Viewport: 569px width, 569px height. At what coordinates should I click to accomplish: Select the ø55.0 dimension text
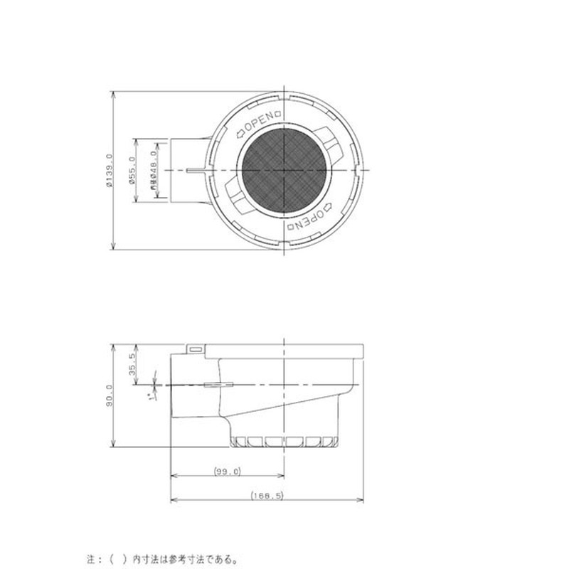(x=132, y=171)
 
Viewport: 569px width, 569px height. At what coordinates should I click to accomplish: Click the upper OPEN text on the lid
(x=260, y=122)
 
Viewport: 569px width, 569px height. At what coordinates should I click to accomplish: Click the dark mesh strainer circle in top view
(x=285, y=171)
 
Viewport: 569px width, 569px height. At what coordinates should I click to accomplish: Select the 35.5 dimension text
(x=132, y=363)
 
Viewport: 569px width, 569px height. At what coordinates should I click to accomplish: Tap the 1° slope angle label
(x=151, y=397)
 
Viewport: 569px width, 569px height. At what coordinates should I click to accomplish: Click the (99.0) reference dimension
(x=227, y=472)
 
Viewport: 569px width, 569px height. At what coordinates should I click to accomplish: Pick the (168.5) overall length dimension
(x=267, y=496)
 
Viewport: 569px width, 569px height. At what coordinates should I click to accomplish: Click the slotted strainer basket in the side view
(x=284, y=441)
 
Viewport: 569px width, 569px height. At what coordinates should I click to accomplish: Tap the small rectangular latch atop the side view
(x=195, y=349)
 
